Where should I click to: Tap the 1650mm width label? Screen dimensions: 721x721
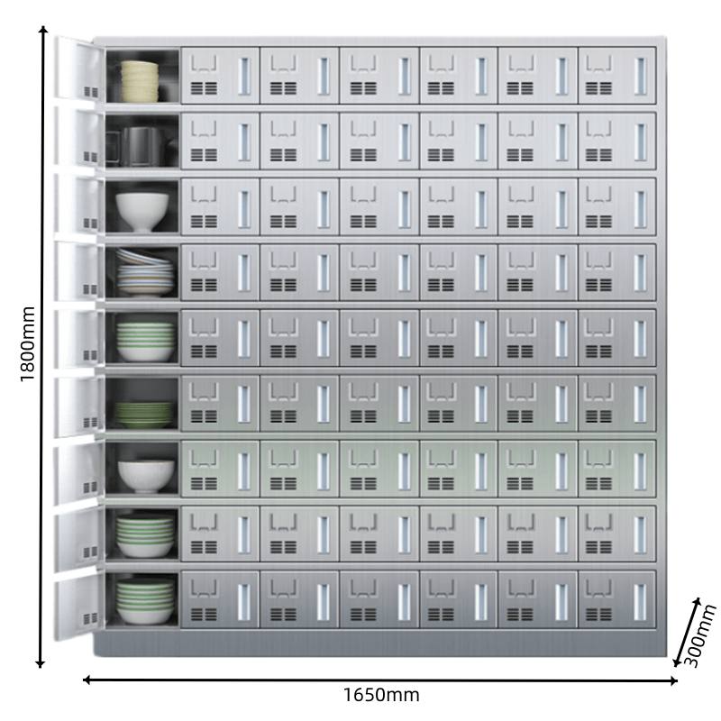pyautogui.click(x=381, y=696)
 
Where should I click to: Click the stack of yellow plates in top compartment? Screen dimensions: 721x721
pyautogui.click(x=140, y=80)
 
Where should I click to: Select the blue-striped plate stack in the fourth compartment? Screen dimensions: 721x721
pyautogui.click(x=144, y=273)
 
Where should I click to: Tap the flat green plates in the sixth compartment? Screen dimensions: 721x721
pyautogui.click(x=143, y=415)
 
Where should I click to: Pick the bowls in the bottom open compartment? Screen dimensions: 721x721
pyautogui.click(x=144, y=602)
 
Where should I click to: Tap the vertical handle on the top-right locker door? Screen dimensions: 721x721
pyautogui.click(x=640, y=73)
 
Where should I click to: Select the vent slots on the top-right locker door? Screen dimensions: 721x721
pyautogui.click(x=598, y=88)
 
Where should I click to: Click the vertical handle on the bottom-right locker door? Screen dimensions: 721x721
pyautogui.click(x=640, y=599)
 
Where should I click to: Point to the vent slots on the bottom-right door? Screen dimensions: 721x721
pyautogui.click(x=598, y=614)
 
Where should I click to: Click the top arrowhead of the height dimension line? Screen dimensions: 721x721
pyautogui.click(x=41, y=32)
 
